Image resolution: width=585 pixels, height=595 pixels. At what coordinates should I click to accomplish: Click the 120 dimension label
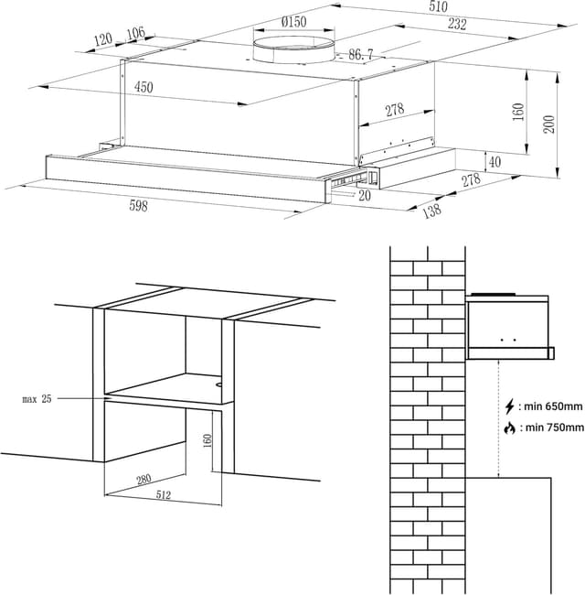102,39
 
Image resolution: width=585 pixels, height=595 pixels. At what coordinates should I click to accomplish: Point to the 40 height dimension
495,162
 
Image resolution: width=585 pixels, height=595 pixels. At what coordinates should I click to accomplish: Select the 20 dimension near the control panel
366,195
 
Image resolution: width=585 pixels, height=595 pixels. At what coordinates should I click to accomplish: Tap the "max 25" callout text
37,399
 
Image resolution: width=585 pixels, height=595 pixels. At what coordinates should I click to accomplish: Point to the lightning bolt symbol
509,406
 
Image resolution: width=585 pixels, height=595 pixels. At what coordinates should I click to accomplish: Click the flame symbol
509,427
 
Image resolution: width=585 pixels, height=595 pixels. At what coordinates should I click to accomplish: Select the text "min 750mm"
553,427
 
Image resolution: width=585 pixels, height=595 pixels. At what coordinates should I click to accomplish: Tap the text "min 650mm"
553,406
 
